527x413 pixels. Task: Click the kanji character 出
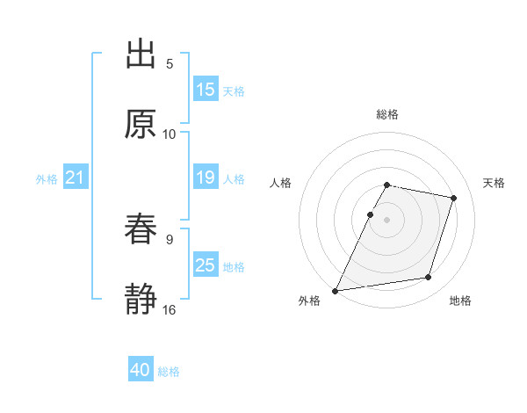tap(141, 54)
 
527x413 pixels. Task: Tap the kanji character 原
tap(141, 125)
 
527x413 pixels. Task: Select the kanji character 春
tap(141, 229)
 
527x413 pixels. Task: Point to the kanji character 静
tap(141, 300)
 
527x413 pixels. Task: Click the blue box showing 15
tap(206, 90)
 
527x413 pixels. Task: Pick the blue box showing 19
tap(206, 178)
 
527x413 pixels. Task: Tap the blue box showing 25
tap(206, 265)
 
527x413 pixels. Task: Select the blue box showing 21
tap(76, 178)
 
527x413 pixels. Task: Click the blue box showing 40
tap(141, 370)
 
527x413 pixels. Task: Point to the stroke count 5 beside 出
tap(170, 64)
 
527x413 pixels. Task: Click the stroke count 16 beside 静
tap(170, 310)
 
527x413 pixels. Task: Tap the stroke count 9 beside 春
tap(170, 239)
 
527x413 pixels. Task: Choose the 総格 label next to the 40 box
tap(169, 372)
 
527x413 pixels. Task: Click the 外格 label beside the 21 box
tap(47, 179)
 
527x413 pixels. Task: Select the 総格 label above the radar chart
tap(387, 114)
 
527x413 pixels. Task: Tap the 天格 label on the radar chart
tap(495, 183)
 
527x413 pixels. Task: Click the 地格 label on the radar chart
tap(460, 301)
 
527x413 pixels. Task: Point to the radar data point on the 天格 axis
tap(453, 199)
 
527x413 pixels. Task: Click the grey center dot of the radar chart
tap(387, 219)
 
